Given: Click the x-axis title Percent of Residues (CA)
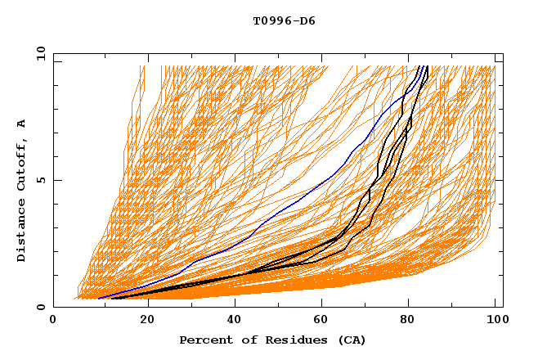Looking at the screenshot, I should [272, 340].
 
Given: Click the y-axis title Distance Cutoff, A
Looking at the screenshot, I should [21, 190].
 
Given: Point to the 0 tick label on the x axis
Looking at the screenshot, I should [53, 320].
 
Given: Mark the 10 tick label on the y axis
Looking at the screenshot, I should [40, 53].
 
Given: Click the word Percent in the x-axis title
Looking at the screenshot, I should [204, 340].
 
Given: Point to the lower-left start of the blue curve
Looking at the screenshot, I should [98, 298].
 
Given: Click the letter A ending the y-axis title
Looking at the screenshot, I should [21, 123].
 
